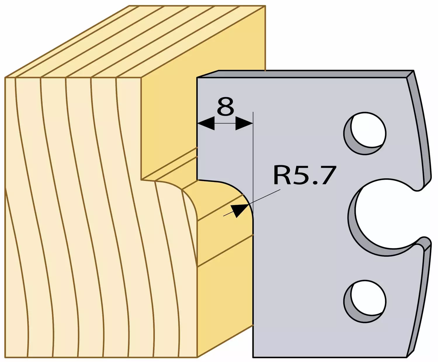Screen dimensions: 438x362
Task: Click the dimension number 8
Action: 225,106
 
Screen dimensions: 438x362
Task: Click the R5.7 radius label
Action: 305,175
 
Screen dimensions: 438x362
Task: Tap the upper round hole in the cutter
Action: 365,133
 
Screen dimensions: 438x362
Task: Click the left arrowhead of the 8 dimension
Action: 206,123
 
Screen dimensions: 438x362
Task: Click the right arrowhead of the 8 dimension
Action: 244,123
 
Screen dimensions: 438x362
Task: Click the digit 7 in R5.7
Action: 329,175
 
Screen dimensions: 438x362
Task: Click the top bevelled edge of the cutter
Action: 305,74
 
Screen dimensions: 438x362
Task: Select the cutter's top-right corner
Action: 414,70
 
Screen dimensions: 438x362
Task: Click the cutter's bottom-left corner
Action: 253,357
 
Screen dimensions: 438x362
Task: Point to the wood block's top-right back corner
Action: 265,6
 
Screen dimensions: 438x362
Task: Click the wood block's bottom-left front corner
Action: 5,357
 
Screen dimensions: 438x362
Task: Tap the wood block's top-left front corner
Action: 5,78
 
